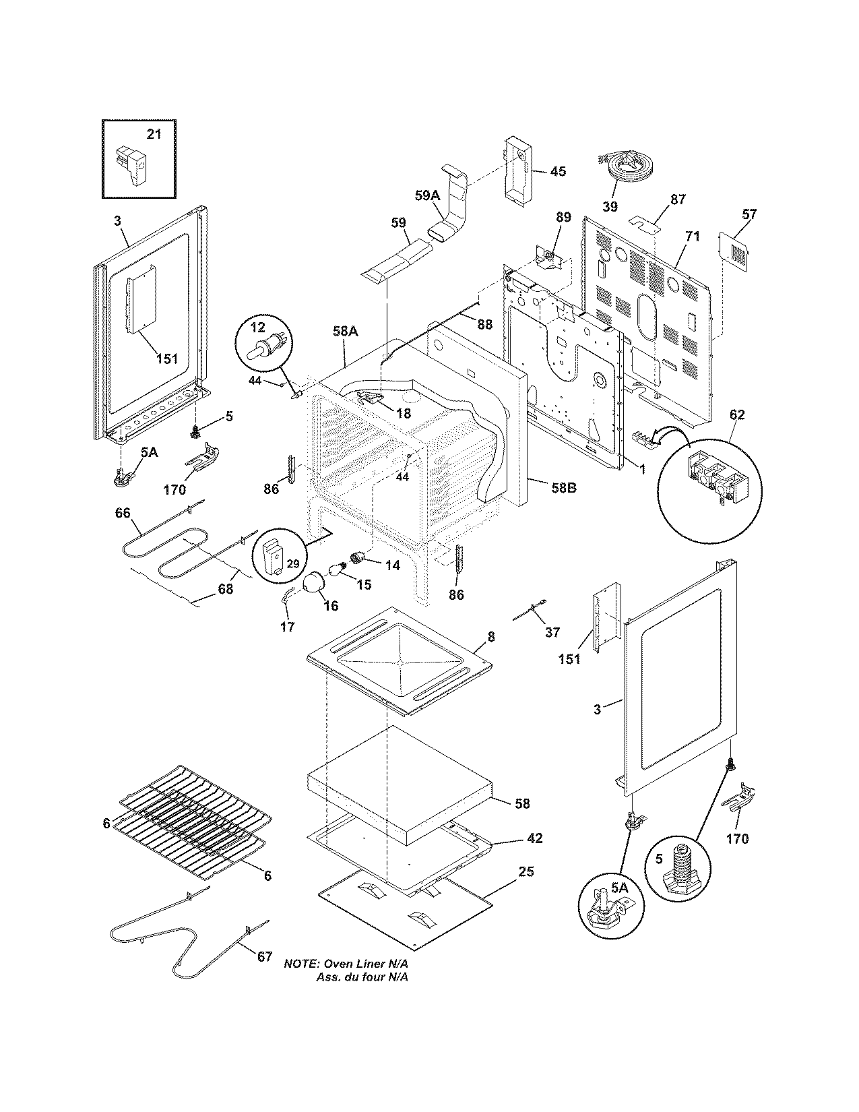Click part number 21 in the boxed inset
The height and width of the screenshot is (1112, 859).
coord(154,134)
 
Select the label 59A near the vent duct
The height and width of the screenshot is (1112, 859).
coord(426,196)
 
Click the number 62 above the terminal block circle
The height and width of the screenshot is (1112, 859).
coord(737,414)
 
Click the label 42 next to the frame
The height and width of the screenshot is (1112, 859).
coord(535,838)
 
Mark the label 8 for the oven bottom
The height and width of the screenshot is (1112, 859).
coord(490,636)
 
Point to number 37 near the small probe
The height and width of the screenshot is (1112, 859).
coord(552,631)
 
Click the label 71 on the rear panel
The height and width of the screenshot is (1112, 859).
coord(692,237)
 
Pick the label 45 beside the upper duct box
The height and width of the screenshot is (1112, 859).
coord(558,171)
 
